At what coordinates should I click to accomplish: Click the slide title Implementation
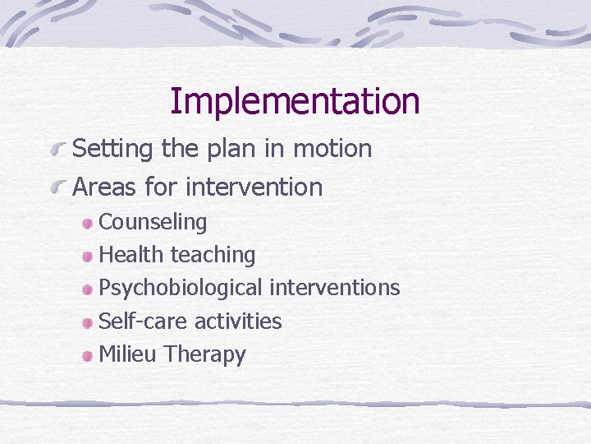point(295,101)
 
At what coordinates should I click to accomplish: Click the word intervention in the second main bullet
point(254,187)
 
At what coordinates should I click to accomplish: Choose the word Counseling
point(153,222)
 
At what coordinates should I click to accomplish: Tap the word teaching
point(213,256)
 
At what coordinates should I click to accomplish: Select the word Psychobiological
point(181,289)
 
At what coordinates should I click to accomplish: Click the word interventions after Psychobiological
point(335,288)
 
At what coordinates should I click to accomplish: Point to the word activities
point(238,321)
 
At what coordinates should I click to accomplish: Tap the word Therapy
point(205,355)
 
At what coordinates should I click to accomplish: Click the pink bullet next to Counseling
point(86,224)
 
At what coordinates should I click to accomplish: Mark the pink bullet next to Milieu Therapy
point(86,357)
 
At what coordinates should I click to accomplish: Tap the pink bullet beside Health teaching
point(86,257)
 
